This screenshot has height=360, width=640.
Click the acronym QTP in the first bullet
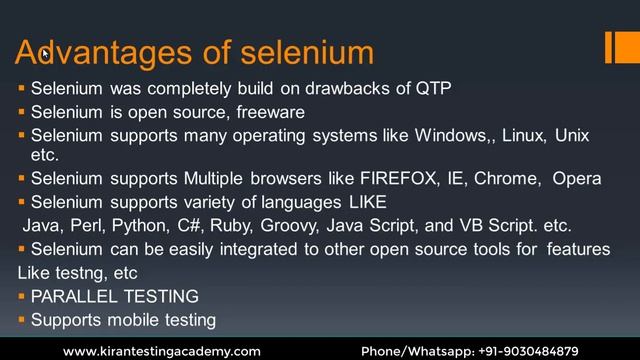click(433, 88)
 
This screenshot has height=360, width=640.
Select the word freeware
click(268, 111)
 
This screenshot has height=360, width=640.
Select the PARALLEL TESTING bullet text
click(114, 296)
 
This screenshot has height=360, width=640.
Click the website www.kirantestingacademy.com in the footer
click(162, 351)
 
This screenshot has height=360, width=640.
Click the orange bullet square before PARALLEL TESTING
click(21, 296)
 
